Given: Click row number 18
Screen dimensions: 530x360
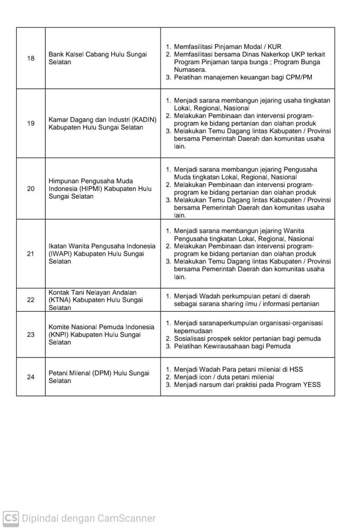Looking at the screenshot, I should point(31,58).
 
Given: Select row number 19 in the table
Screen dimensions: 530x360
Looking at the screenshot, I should point(31,123).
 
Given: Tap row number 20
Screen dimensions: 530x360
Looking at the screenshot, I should point(31,188).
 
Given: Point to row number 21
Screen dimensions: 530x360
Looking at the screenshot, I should point(31,254).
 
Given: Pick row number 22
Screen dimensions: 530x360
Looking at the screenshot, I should point(31,300).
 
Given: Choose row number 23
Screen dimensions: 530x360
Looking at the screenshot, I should point(31,334).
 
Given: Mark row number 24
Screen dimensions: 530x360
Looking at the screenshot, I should point(31,377).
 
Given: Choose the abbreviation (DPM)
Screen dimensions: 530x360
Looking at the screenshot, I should point(105,373).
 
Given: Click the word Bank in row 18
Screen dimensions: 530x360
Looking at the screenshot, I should point(56,54).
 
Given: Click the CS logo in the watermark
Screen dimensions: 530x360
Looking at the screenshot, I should point(11,518).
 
